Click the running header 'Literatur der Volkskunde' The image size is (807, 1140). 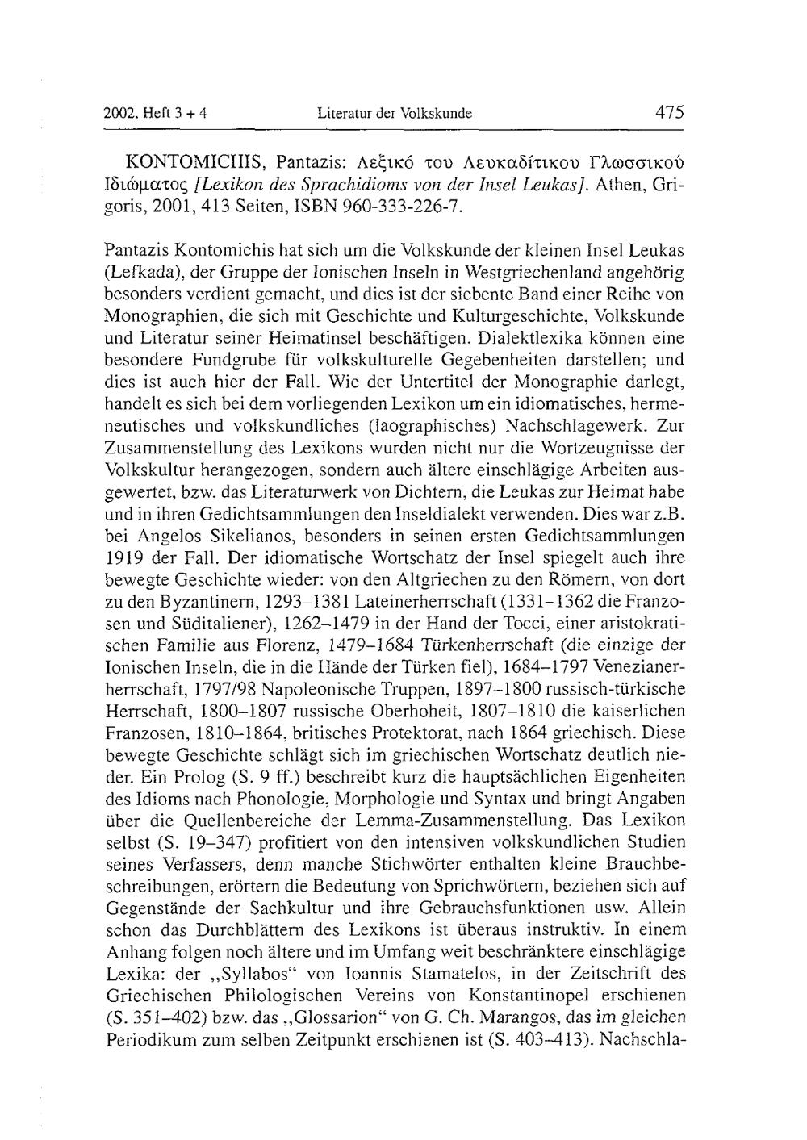click(x=395, y=113)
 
